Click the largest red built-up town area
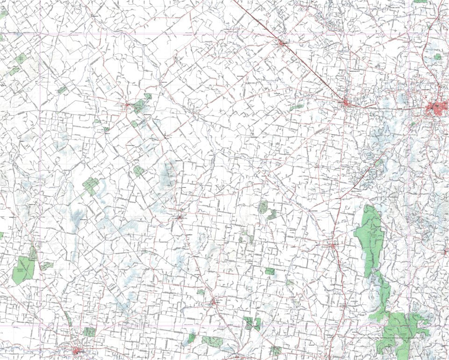[x=437, y=109]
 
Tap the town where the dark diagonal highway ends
[x=346, y=102]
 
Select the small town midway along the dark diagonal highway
[x=282, y=43]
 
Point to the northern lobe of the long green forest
[x=371, y=238]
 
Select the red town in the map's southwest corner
[x=77, y=350]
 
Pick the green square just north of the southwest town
[x=89, y=332]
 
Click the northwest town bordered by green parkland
[x=128, y=107]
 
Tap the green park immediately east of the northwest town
[x=139, y=106]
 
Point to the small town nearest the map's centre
[x=181, y=217]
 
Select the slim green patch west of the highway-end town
[x=296, y=108]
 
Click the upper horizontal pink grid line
[x=224, y=34]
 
